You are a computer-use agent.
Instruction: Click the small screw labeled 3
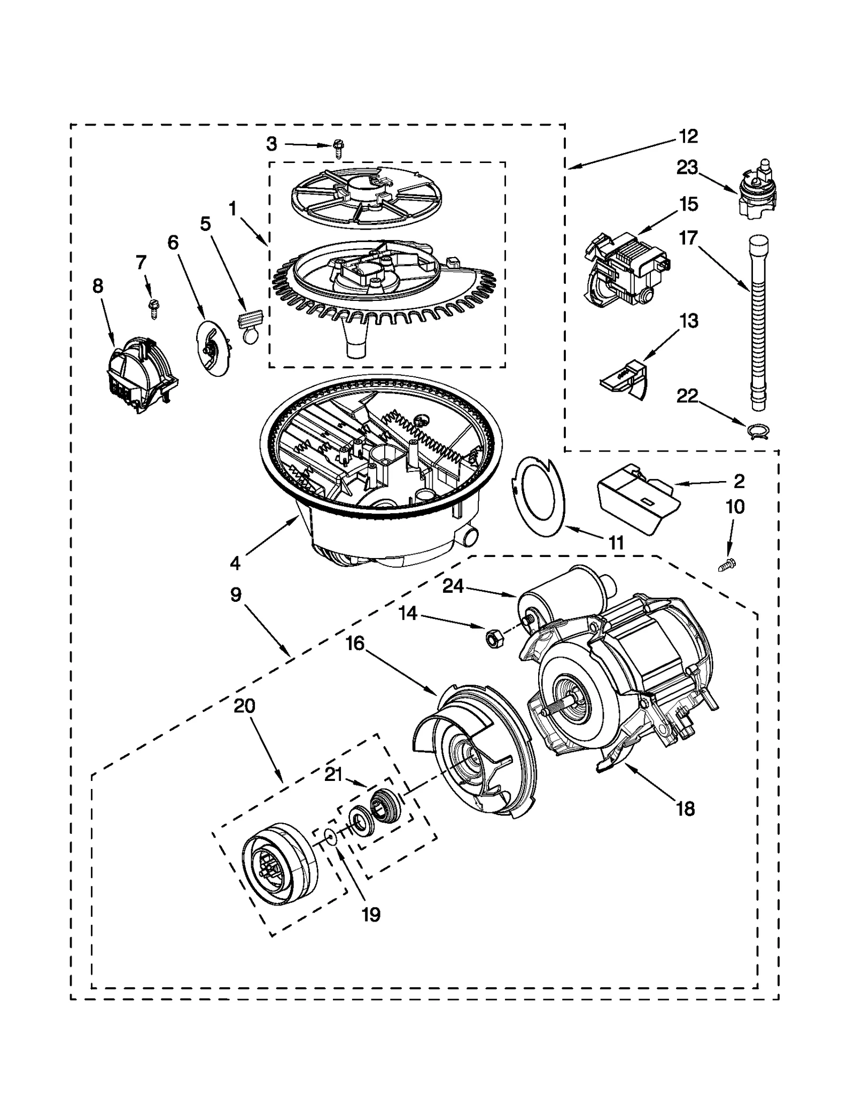click(338, 147)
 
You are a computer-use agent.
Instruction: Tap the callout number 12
click(688, 136)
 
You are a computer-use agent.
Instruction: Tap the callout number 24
click(453, 586)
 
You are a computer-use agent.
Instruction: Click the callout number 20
click(244, 706)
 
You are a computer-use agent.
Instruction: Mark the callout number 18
click(685, 809)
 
